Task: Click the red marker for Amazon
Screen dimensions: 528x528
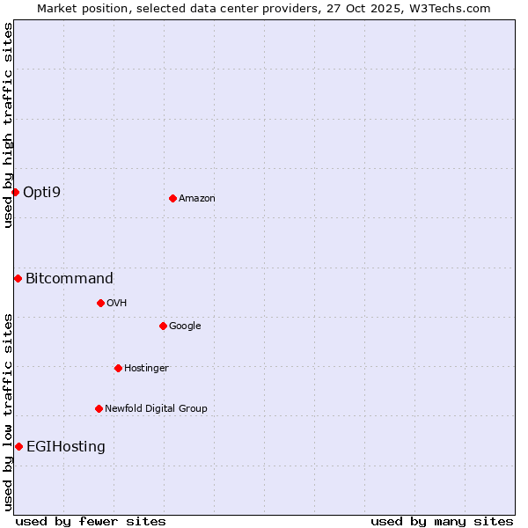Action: (172, 198)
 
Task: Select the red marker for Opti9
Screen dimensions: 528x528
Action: (15, 192)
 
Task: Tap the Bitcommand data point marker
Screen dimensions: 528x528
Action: (18, 278)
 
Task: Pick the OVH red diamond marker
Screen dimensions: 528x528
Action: (100, 303)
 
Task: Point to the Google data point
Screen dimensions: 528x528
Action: (163, 326)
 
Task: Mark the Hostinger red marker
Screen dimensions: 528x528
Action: (118, 368)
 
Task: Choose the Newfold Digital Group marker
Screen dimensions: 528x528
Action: (99, 408)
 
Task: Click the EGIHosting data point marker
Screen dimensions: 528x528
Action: (18, 446)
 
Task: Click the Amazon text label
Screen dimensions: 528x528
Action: (197, 199)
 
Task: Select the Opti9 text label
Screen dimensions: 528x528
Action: (42, 192)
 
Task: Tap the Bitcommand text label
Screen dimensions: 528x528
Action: (70, 279)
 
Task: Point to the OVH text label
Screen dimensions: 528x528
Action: (117, 304)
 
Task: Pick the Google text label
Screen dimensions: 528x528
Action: (185, 326)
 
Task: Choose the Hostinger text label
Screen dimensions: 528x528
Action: (146, 369)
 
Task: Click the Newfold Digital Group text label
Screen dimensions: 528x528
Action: (156, 409)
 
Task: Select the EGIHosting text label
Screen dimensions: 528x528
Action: (66, 447)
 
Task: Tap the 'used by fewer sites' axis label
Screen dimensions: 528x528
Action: (91, 521)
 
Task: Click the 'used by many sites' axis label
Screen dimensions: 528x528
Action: (442, 521)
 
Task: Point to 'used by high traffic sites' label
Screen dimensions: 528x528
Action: (8, 125)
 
